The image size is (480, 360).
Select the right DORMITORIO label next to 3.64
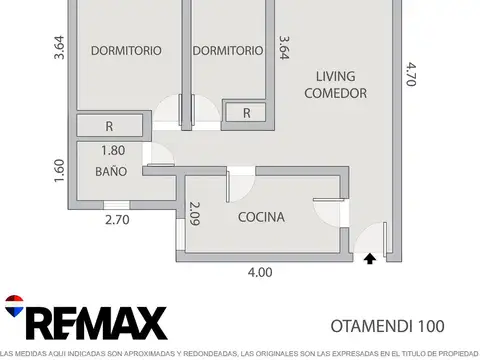(227, 51)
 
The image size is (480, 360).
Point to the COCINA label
(261, 217)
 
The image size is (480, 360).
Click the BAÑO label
(111, 172)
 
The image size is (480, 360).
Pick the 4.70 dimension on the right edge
(411, 75)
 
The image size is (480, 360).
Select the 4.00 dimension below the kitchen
(260, 271)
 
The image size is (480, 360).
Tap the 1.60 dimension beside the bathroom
(59, 171)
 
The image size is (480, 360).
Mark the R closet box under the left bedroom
(109, 126)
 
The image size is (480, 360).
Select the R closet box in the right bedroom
(246, 113)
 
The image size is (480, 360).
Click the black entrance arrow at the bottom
(370, 258)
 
